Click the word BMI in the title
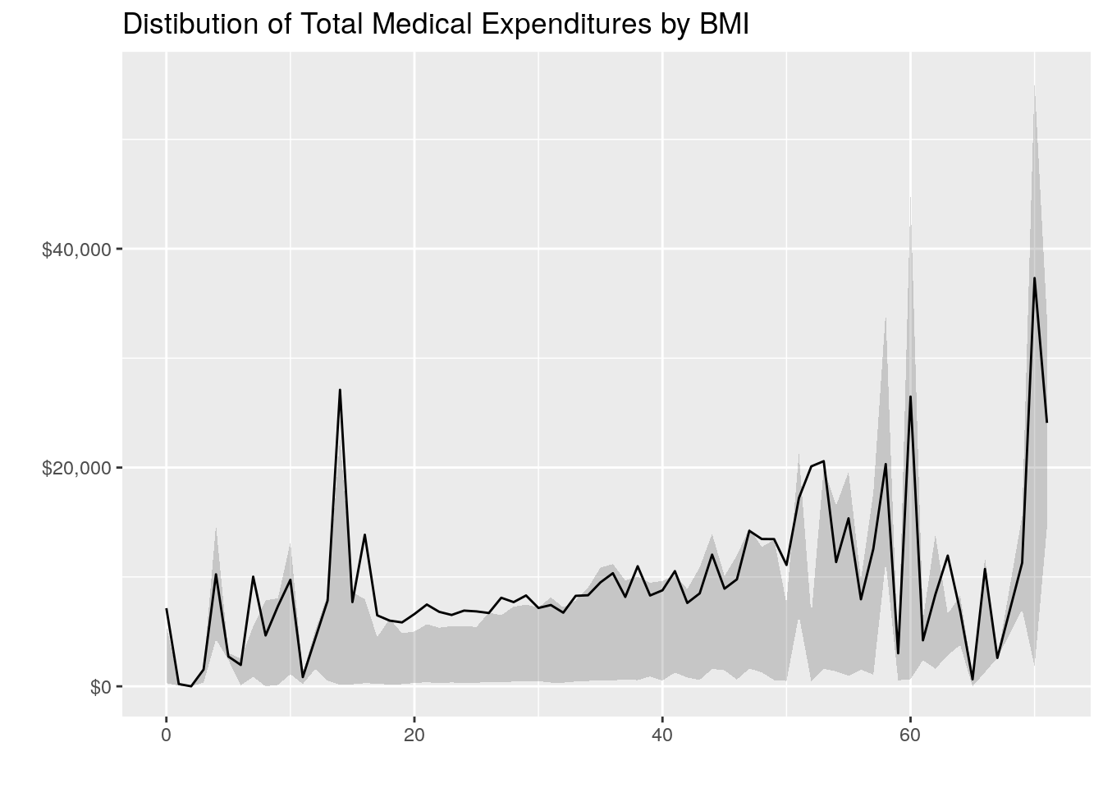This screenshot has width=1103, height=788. (x=724, y=25)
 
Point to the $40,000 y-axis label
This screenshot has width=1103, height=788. (x=76, y=249)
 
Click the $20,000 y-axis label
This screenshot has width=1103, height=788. (x=76, y=468)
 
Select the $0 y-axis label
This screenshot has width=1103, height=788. (x=99, y=687)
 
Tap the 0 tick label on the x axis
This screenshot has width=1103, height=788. (x=167, y=735)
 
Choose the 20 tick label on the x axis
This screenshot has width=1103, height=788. (x=414, y=735)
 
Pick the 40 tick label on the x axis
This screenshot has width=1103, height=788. (x=662, y=735)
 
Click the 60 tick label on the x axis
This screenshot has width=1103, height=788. (x=910, y=735)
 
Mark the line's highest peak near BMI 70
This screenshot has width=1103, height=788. (x=1034, y=277)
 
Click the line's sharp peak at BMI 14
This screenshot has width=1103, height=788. (x=340, y=390)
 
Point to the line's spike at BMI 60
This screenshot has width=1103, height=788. (x=910, y=396)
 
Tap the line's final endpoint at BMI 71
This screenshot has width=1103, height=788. (x=1046, y=422)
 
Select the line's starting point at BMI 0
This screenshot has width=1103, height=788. (x=167, y=609)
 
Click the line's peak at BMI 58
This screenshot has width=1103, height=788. (x=886, y=464)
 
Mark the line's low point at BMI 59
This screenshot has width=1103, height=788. (x=898, y=653)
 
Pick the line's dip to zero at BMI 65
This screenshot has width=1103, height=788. (x=973, y=680)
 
